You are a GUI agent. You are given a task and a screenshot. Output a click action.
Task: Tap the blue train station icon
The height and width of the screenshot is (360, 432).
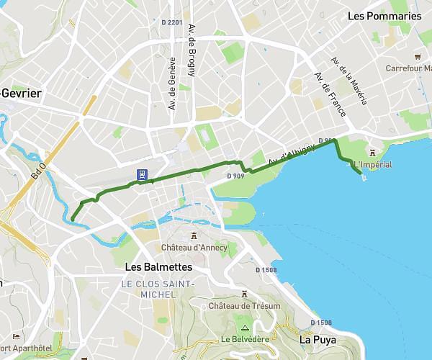141,174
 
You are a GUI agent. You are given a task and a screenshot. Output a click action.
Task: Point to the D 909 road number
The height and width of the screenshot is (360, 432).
235,176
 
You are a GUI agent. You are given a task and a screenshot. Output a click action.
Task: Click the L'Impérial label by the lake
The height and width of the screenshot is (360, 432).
373,165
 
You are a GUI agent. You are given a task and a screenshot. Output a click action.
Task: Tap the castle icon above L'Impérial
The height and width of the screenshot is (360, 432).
372,152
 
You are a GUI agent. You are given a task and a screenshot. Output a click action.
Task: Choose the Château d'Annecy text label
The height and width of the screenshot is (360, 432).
194,248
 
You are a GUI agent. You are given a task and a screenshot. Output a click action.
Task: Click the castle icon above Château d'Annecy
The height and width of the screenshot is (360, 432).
194,235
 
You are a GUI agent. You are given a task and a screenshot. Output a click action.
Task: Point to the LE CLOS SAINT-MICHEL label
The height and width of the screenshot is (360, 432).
158,289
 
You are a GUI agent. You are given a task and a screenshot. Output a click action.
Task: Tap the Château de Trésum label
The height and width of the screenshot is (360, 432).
243,306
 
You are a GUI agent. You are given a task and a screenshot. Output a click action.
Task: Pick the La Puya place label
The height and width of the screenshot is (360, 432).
317,339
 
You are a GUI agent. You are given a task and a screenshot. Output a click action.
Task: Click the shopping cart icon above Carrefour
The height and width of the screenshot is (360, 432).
418,56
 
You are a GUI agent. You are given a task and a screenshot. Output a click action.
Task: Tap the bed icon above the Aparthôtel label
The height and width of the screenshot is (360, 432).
15,336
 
